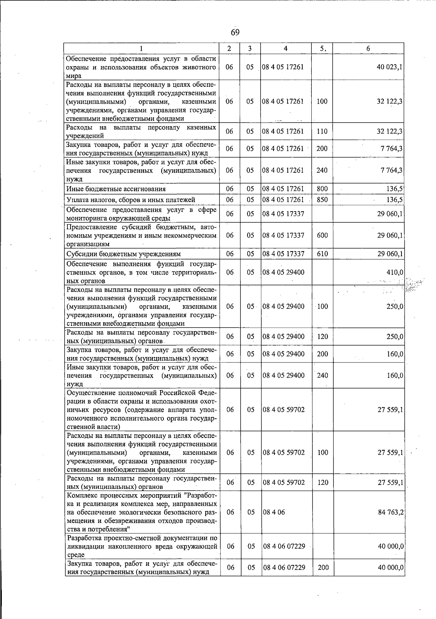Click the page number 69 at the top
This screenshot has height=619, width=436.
[235, 33]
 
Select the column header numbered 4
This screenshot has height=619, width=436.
[286, 49]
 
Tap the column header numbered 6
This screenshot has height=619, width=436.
[368, 49]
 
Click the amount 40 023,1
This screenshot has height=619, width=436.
[389, 67]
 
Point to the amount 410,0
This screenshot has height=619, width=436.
[395, 272]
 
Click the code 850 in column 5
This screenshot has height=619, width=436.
[322, 200]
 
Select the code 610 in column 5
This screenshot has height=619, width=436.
[322, 254]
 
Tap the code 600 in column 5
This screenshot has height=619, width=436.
[322, 235]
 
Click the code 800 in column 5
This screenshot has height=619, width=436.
[322, 189]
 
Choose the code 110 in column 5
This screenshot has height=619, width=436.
[322, 131]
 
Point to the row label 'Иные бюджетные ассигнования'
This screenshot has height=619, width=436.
[116, 189]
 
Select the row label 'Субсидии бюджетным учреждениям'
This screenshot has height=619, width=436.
[124, 254]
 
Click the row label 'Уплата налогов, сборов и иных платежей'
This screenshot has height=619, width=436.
[131, 200]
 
